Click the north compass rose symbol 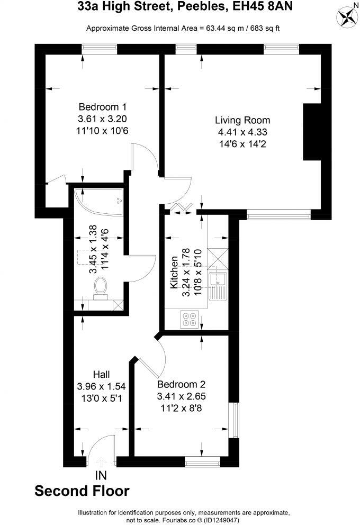pos(348,17)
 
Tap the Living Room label pos(242,120)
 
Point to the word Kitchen pos(173,272)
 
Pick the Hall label pos(101,375)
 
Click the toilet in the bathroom pos(100,289)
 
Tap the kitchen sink pos(218,286)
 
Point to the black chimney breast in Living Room pos(312,132)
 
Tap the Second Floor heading pos(82,491)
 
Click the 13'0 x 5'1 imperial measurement pos(101,399)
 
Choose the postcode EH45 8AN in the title pos(262,7)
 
